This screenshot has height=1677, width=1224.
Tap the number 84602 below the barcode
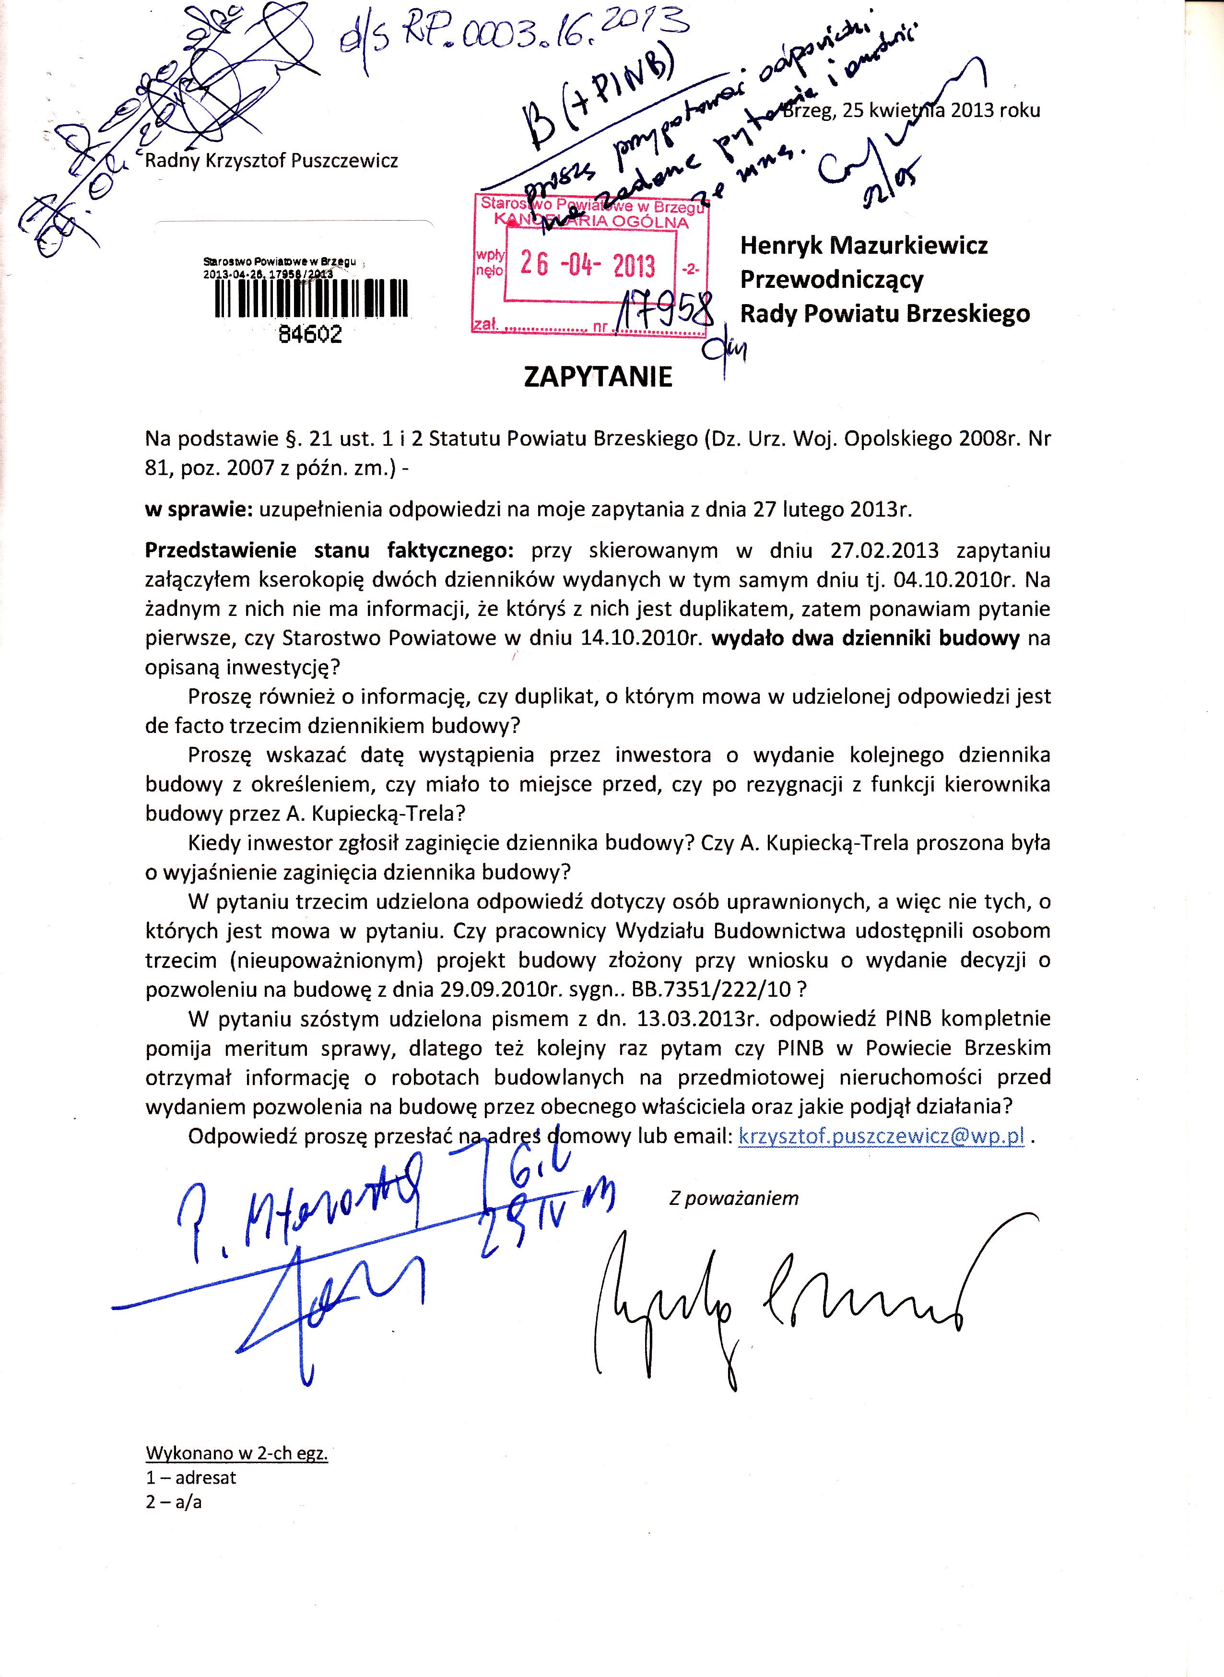tap(310, 334)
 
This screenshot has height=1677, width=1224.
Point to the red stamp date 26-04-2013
tap(588, 265)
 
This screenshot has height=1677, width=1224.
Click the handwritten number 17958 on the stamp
tap(665, 312)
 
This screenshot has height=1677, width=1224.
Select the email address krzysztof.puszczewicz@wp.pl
tap(882, 1136)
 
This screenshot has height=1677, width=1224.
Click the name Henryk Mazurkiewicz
tap(864, 245)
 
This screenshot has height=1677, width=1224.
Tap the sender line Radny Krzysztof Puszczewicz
tap(271, 161)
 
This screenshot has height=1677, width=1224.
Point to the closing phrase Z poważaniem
tap(733, 1198)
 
